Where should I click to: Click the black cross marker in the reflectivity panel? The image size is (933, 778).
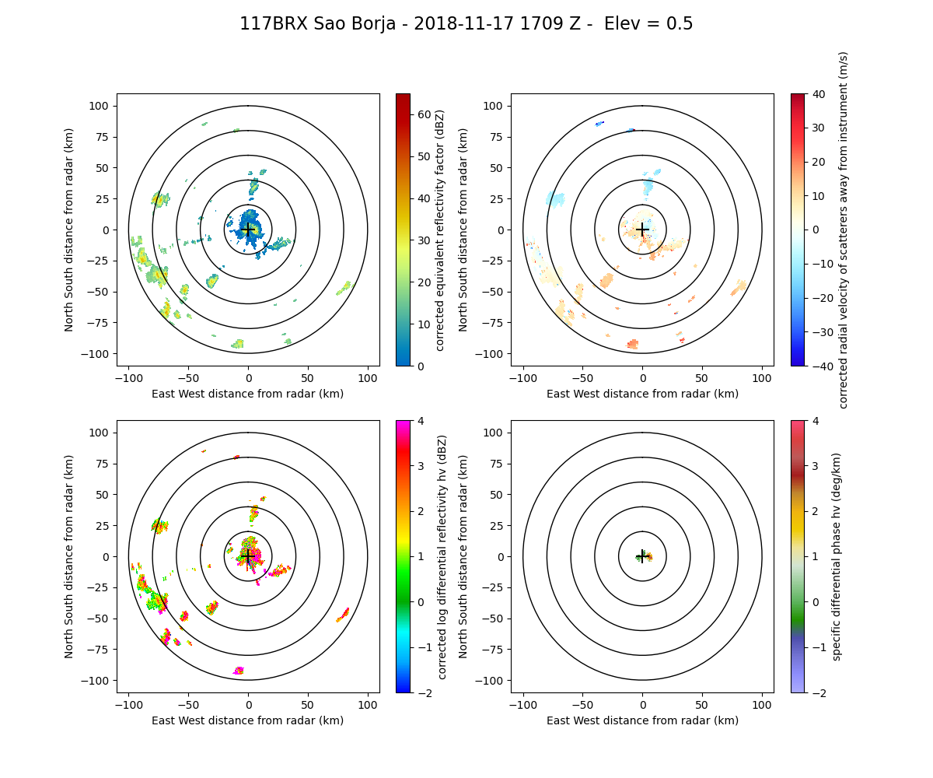(x=248, y=230)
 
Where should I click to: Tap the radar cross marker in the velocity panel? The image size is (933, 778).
(x=642, y=230)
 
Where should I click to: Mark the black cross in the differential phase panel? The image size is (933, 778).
(x=642, y=556)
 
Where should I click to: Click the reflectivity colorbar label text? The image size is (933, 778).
(x=440, y=230)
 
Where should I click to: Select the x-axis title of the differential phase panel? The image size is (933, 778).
(x=642, y=720)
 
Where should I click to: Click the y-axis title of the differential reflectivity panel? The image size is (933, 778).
(x=69, y=556)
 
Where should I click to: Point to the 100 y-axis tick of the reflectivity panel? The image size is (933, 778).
(x=102, y=106)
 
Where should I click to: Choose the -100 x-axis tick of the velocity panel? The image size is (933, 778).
(x=523, y=378)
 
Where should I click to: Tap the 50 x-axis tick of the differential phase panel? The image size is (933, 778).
(x=702, y=705)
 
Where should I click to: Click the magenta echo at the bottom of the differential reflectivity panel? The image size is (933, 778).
(x=239, y=671)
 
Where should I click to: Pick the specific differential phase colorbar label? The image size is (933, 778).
(x=837, y=556)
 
